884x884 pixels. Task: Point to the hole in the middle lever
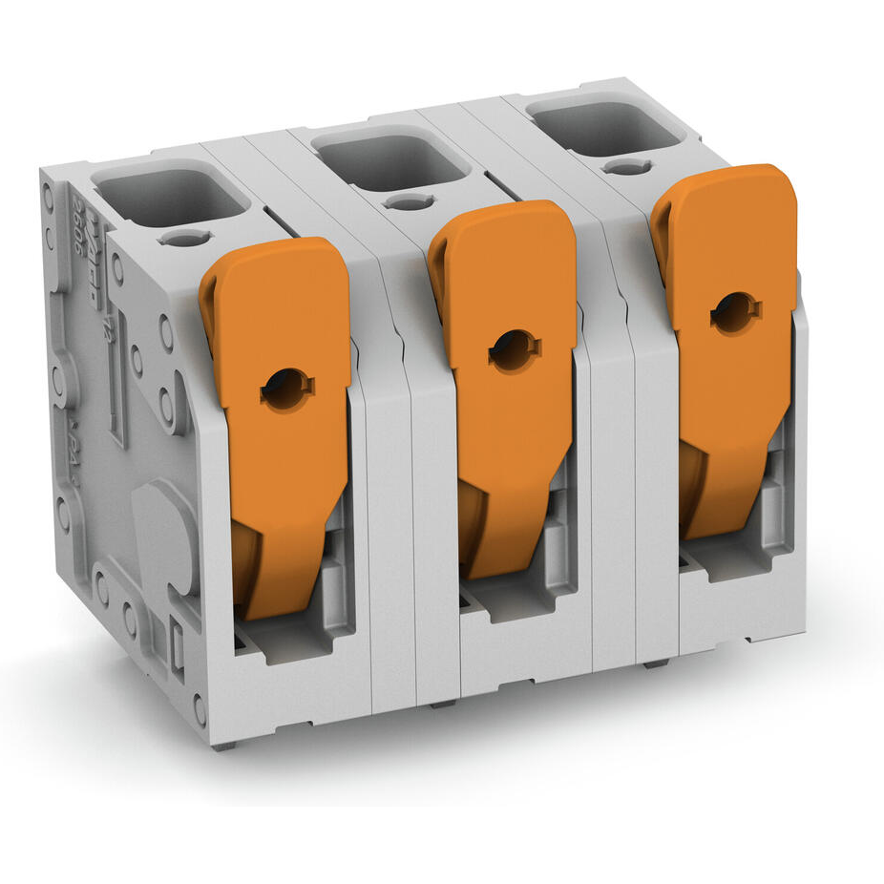coord(515,350)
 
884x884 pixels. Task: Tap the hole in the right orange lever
coord(735,312)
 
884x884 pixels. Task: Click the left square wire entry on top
coord(172,197)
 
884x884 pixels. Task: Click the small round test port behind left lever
coord(182,238)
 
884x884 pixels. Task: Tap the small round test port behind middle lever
coord(409,201)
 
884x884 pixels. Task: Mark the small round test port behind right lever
coord(627,167)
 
